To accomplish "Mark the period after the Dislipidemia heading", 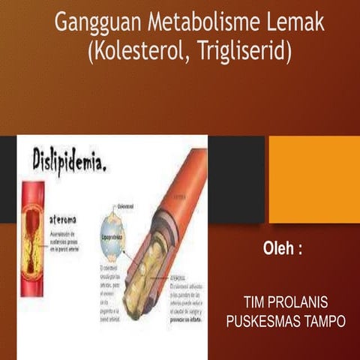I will (x=103, y=166).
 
